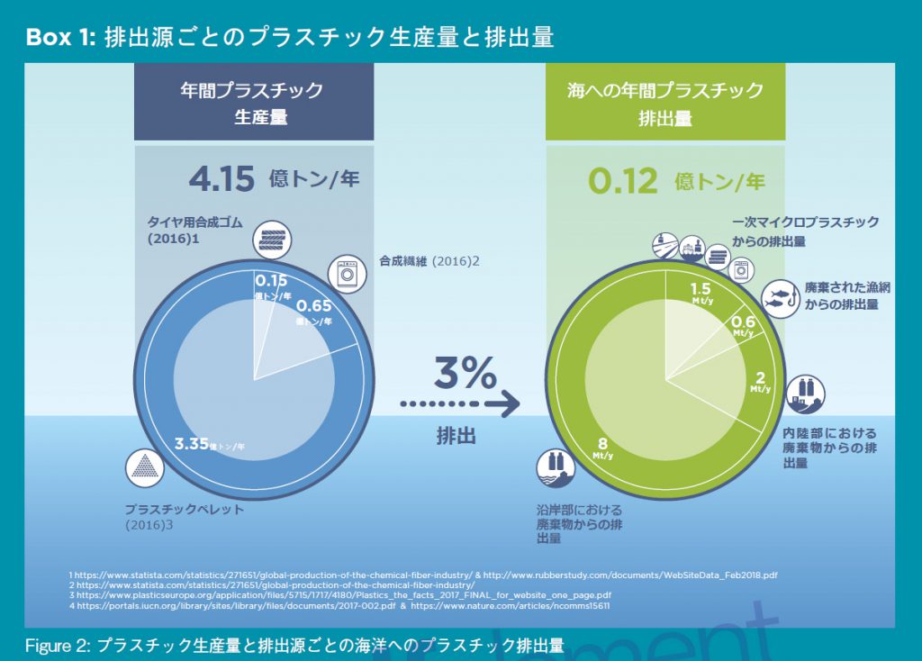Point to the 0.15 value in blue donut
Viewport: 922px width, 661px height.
tap(271, 280)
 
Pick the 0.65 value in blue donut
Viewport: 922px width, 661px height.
tap(315, 304)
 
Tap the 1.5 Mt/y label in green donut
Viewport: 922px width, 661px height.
tap(701, 290)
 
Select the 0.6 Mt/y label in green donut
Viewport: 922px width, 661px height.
tap(743, 322)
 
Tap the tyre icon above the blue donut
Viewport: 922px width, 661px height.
tap(272, 240)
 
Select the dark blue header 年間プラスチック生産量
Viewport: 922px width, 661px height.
tap(253, 103)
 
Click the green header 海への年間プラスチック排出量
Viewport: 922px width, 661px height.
tap(664, 103)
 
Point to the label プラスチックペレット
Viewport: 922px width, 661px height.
tap(184, 510)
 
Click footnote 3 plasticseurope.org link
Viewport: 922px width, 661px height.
tap(343, 595)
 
